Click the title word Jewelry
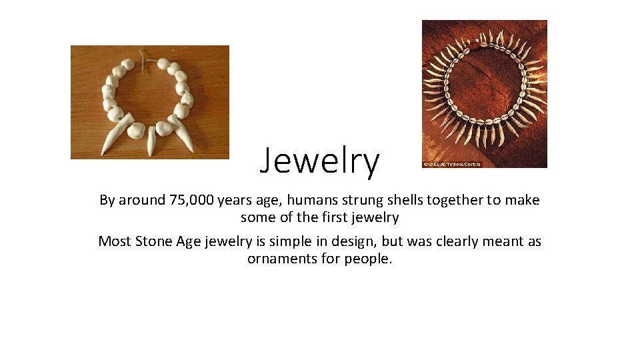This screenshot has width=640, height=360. (319, 162)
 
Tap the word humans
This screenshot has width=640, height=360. (311, 200)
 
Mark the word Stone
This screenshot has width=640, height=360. (154, 241)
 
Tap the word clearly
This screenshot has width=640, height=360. (456, 241)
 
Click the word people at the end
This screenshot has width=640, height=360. (369, 259)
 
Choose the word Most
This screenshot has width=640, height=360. (115, 241)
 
